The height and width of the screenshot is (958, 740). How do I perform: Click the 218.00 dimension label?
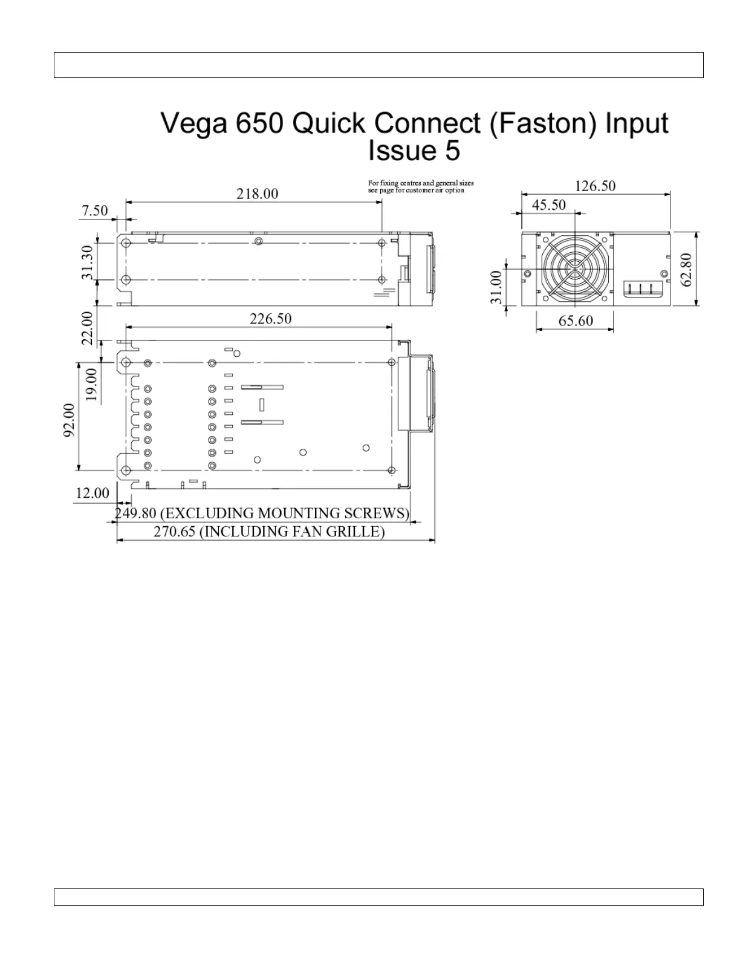click(257, 194)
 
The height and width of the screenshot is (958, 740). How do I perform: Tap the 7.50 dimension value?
click(95, 210)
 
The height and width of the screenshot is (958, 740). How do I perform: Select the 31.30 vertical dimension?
click(88, 262)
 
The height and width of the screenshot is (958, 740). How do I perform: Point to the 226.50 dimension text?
click(270, 319)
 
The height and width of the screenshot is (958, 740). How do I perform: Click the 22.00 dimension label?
click(88, 328)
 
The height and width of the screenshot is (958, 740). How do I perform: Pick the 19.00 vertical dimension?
click(91, 385)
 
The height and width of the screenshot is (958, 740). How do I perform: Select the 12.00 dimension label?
click(92, 493)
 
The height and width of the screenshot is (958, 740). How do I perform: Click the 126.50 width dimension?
click(595, 186)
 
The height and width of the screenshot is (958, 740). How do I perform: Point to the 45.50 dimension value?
click(548, 205)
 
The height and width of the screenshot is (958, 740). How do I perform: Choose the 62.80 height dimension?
click(686, 270)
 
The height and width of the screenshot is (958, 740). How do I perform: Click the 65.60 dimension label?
click(575, 321)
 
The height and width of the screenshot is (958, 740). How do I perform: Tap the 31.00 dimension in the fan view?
click(496, 287)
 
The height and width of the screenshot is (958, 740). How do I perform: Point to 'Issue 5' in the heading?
click(414, 151)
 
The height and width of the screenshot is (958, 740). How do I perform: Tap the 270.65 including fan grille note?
click(268, 532)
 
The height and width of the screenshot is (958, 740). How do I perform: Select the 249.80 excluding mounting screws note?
click(262, 513)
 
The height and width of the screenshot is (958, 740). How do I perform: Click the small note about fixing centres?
click(421, 186)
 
